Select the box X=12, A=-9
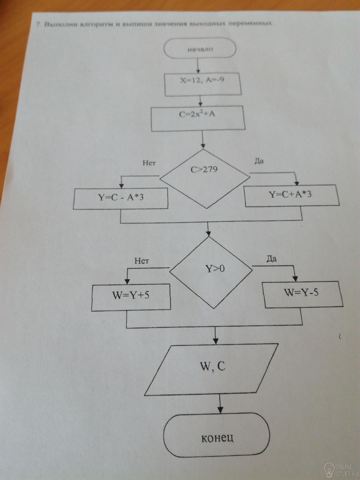[203, 85]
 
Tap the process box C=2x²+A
[198, 118]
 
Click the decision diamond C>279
[205, 179]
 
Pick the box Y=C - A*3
[120, 198]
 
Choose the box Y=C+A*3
[292, 196]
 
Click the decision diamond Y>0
[211, 272]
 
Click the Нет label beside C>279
[149, 163]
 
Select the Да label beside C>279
[259, 161]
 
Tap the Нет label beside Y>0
[142, 261]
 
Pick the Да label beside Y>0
[271, 259]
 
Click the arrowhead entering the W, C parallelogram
[216, 341]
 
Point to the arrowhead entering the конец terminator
[220, 410]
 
